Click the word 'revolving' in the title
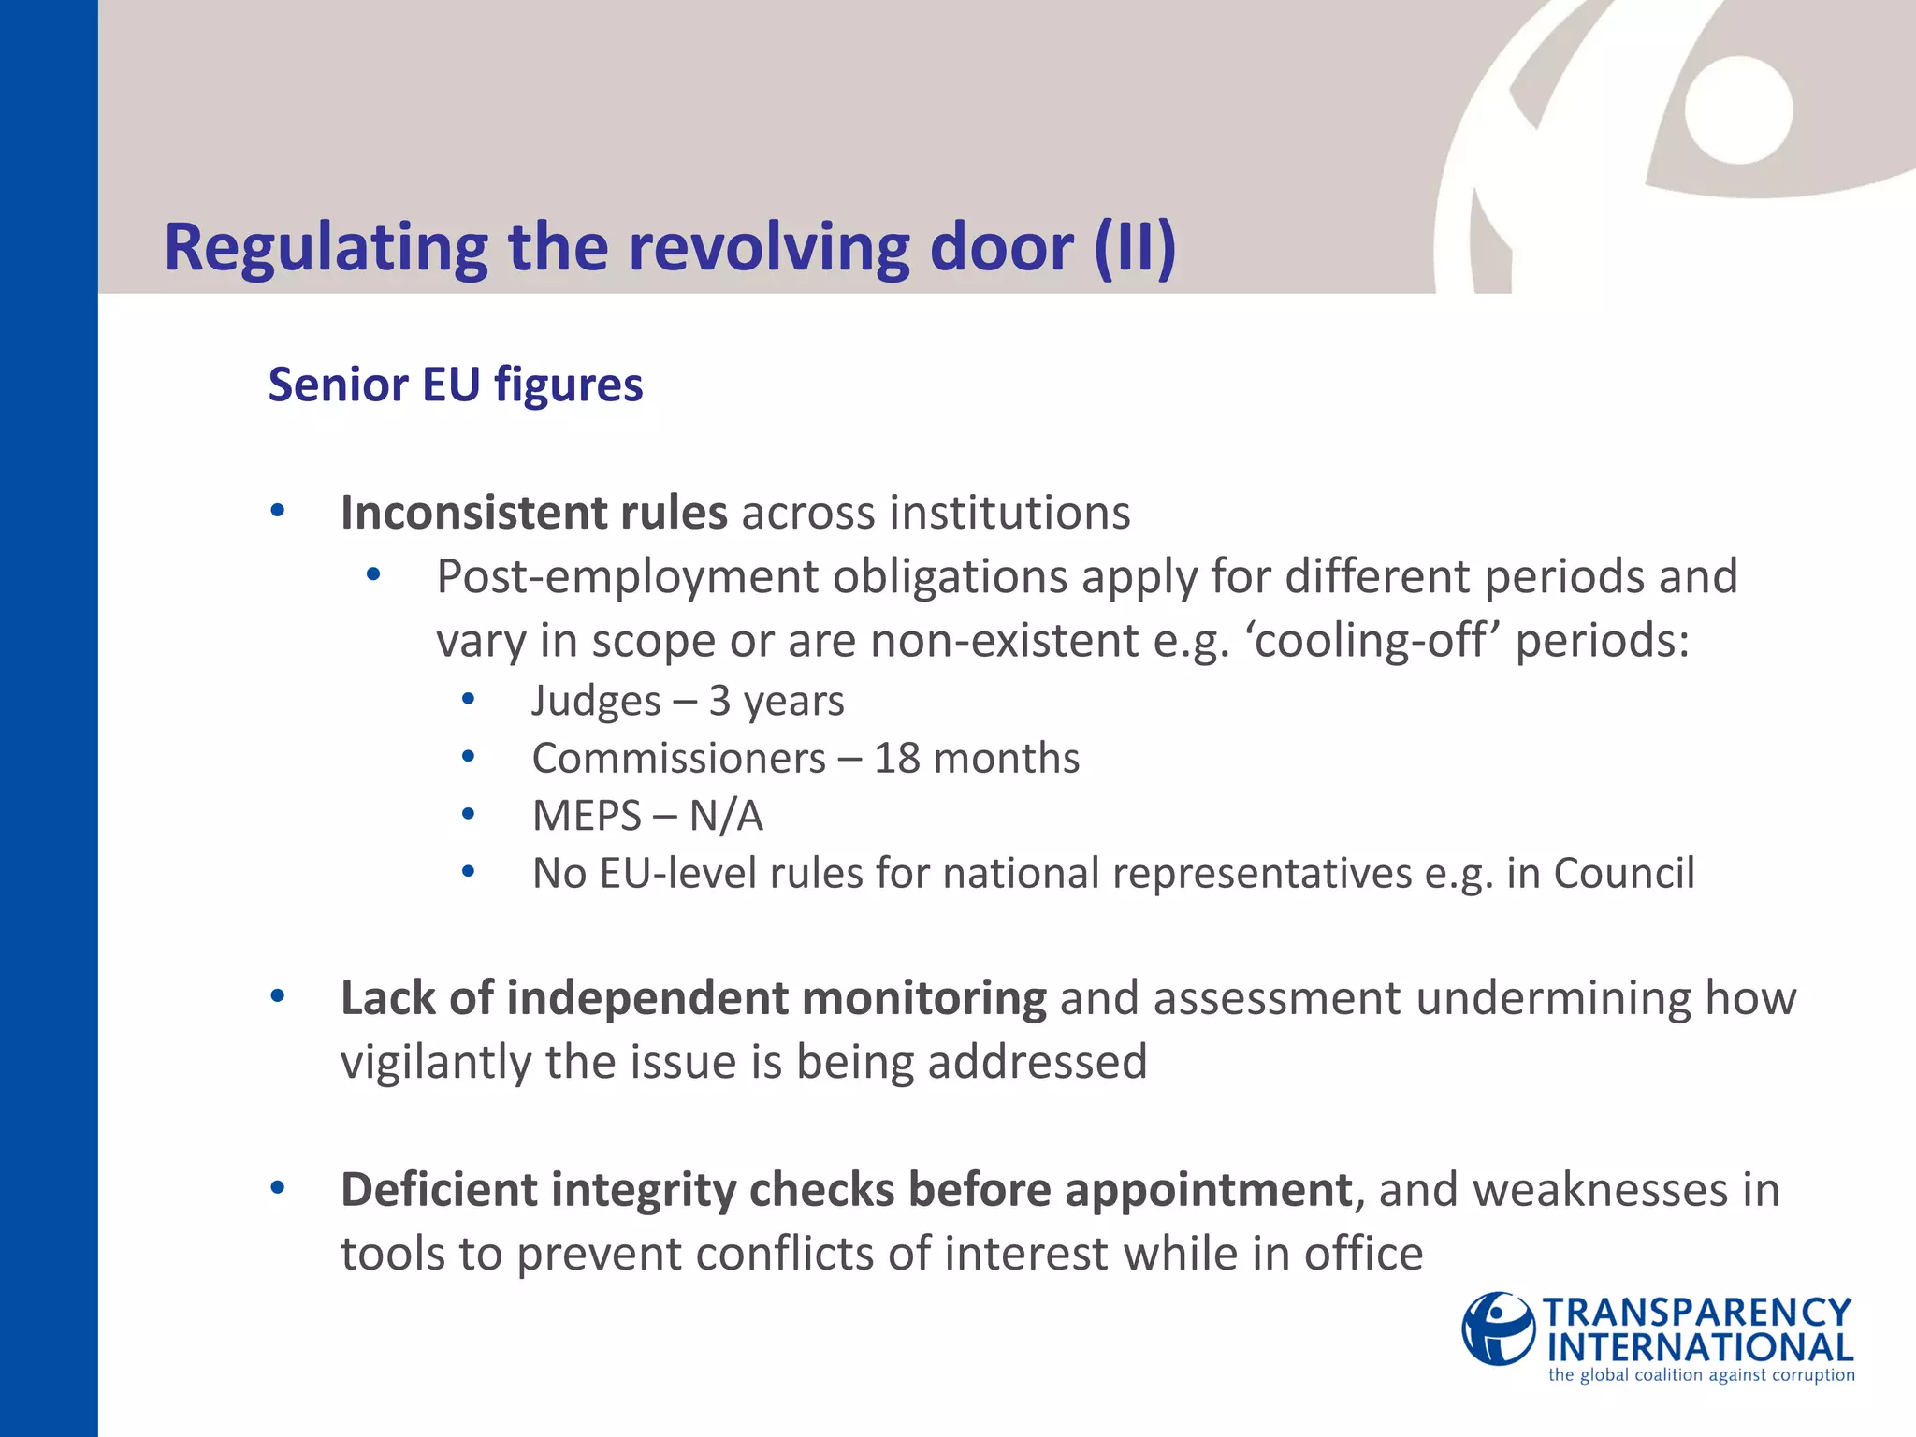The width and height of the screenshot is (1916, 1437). pos(771,247)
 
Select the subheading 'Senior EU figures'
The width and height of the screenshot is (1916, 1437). pos(456,385)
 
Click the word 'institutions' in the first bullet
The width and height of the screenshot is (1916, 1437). pos(1009,513)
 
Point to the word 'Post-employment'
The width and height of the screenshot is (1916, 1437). pos(627,576)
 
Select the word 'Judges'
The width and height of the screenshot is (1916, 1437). pos(596,701)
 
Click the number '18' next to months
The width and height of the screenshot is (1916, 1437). pos(896,758)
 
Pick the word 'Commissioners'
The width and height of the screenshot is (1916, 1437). pos(679,758)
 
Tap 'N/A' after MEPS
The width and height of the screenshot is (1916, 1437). pos(726,816)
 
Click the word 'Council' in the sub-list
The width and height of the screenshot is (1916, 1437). pos(1623,873)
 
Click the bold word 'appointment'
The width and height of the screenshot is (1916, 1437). pos(1208,1190)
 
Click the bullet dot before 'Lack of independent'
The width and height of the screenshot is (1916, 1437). pos(277,996)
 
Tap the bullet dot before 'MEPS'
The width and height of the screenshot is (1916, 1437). pos(469,815)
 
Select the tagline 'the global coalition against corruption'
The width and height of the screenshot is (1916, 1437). pos(1701,1375)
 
